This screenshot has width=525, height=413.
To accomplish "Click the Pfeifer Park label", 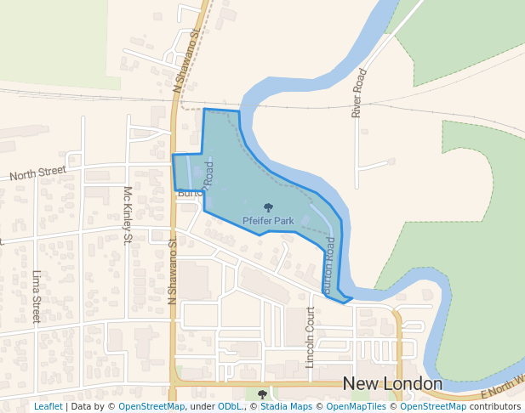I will click(268, 221).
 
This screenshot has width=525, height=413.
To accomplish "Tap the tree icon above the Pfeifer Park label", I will click(269, 207).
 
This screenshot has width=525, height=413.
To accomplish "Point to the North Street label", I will click(37, 173).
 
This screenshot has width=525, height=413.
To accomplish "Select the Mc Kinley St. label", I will click(128, 215).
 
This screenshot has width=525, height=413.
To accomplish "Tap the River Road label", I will click(360, 93).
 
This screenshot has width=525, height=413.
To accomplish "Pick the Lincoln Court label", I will click(311, 337).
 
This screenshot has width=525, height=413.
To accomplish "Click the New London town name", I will click(392, 384).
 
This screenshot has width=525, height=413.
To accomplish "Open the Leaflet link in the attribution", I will click(48, 406).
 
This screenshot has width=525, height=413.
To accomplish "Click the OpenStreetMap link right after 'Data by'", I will click(151, 406).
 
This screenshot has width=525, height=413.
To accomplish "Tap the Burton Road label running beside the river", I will click(328, 265).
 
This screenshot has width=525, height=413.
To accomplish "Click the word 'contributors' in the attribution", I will click(494, 406).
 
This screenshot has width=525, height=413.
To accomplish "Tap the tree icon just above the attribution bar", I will click(262, 394).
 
